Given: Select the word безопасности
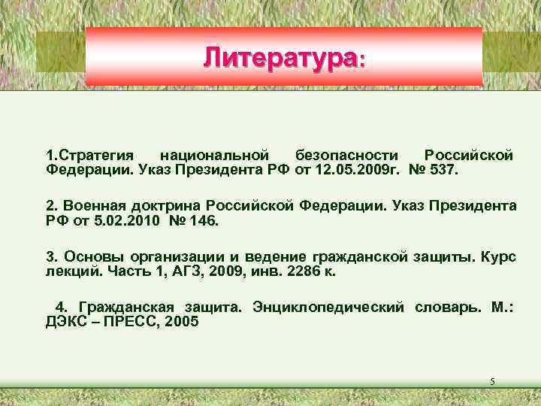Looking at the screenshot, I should pos(346,156).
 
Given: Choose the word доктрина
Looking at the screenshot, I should pos(165,205).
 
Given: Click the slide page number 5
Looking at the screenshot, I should pos(492,383).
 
